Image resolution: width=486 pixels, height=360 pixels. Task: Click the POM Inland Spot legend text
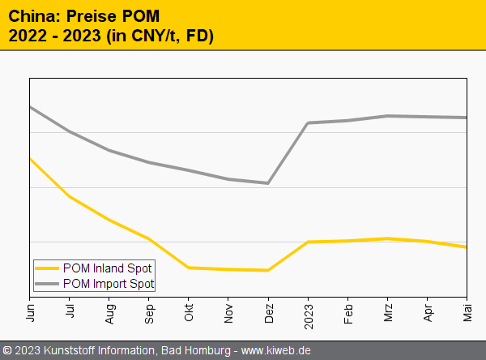(107, 268)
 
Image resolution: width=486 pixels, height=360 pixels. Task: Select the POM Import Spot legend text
(108, 283)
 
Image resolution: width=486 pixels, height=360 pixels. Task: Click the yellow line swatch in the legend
(47, 268)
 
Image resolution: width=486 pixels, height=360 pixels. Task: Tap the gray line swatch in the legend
(47, 283)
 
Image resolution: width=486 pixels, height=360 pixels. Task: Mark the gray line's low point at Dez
(268, 183)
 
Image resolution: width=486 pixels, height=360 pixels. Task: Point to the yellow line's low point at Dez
(268, 270)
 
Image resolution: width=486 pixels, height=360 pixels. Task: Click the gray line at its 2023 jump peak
(309, 123)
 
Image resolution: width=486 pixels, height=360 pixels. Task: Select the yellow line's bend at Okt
(189, 268)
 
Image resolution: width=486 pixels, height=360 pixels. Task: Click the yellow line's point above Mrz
(388, 238)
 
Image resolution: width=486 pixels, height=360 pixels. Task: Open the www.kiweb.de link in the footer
(276, 351)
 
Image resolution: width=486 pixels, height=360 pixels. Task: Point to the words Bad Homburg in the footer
(194, 351)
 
